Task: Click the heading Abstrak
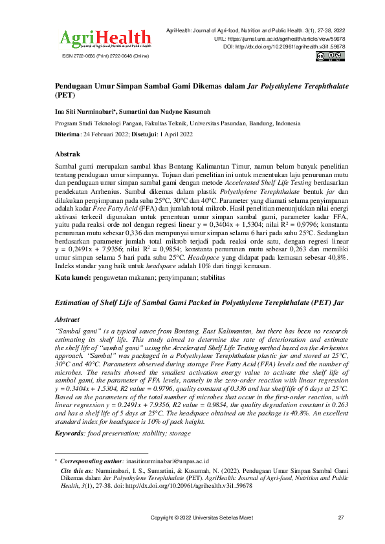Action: pos(67,154)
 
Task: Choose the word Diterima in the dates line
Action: pos(67,134)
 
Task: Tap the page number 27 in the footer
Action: pos(341,518)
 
